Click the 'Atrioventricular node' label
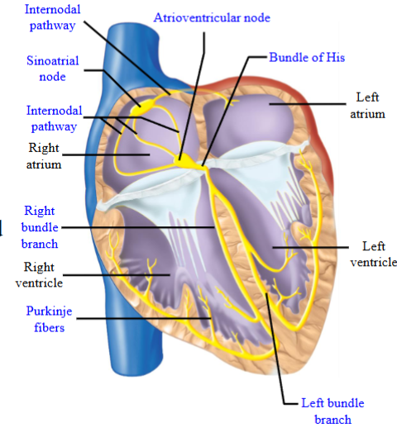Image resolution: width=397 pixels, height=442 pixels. click(212, 17)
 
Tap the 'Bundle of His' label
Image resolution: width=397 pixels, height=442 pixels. click(307, 58)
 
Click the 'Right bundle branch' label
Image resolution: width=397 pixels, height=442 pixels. click(40, 227)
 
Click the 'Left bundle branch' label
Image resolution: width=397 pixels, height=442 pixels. click(331, 411)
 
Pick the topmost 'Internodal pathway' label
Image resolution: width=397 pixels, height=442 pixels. click(50, 18)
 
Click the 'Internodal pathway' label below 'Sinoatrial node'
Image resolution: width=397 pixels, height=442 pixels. click(52, 118)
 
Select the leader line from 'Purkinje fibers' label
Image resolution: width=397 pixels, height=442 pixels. click(141, 318)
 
